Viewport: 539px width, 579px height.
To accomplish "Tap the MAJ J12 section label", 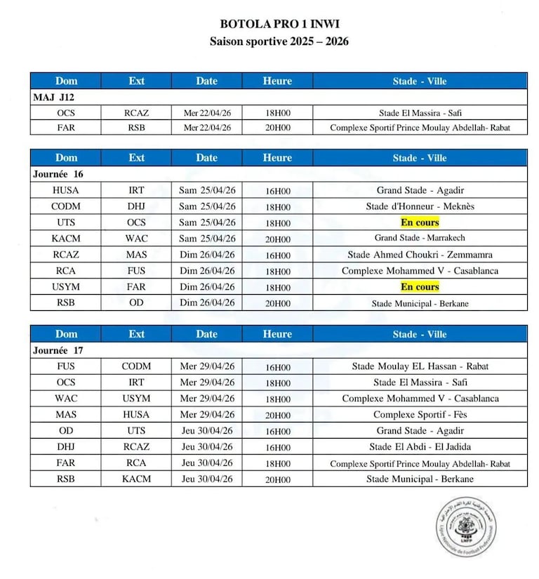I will pos(53,97).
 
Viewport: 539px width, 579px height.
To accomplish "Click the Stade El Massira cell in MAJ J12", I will pos(420,112).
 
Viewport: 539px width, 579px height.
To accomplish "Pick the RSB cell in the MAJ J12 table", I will pos(136,128).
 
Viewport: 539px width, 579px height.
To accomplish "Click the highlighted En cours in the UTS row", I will pos(420,222).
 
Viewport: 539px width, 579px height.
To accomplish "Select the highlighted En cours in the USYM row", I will pos(420,287).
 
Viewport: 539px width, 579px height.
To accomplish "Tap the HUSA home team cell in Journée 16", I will pos(66,190).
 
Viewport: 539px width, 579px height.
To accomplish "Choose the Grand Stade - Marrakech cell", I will pos(420,239).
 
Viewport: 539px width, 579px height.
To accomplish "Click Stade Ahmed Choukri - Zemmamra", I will pos(420,255).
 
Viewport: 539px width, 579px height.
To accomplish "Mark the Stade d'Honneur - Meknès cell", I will pos(420,206).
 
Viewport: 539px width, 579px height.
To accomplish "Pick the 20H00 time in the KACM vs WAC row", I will pos(277,239).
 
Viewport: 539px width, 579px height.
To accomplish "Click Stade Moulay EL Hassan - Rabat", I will pos(420,366).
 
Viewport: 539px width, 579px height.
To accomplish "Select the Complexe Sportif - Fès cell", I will pos(420,415).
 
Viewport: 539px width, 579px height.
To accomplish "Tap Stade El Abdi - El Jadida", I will pos(420,447).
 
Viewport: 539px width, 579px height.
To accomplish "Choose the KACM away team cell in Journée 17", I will pos(136,479).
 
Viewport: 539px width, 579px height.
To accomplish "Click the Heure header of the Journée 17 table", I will pos(277,334).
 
